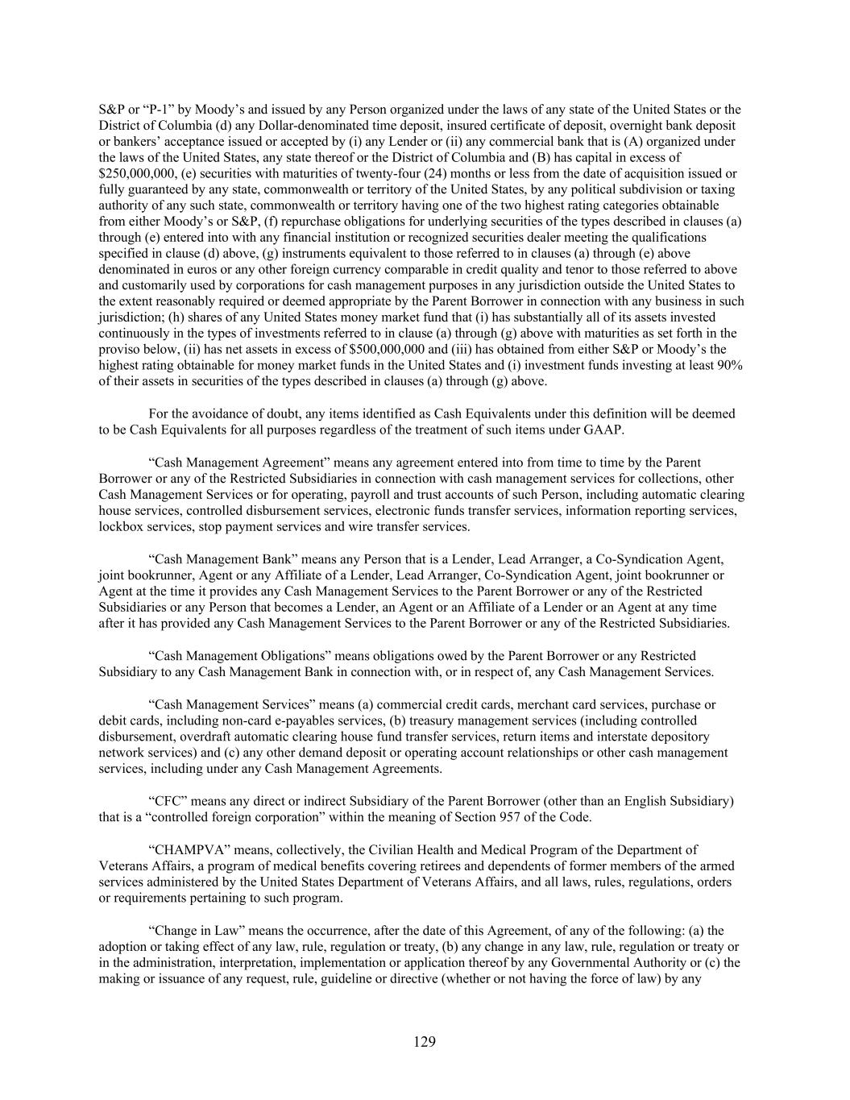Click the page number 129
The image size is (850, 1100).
425,1042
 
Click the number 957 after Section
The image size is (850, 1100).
519,817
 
